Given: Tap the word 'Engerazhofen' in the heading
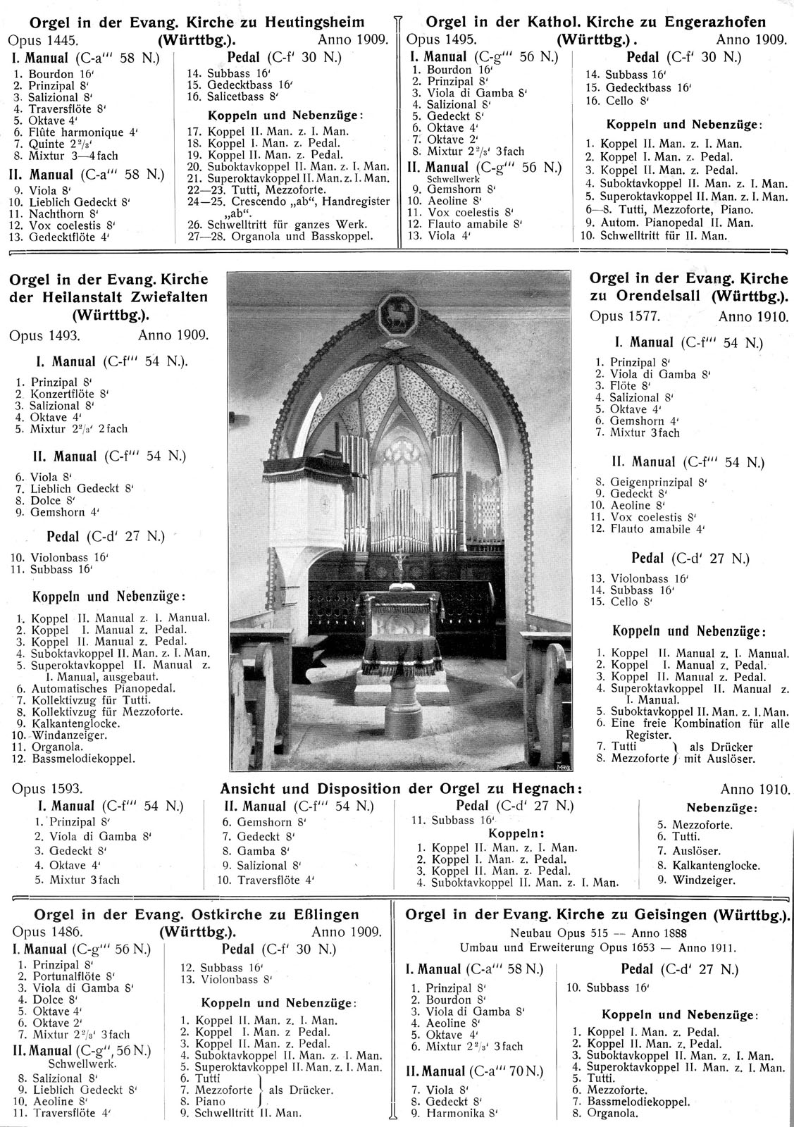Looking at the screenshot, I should [x=740, y=21].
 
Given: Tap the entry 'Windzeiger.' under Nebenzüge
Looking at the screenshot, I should [x=705, y=880].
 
